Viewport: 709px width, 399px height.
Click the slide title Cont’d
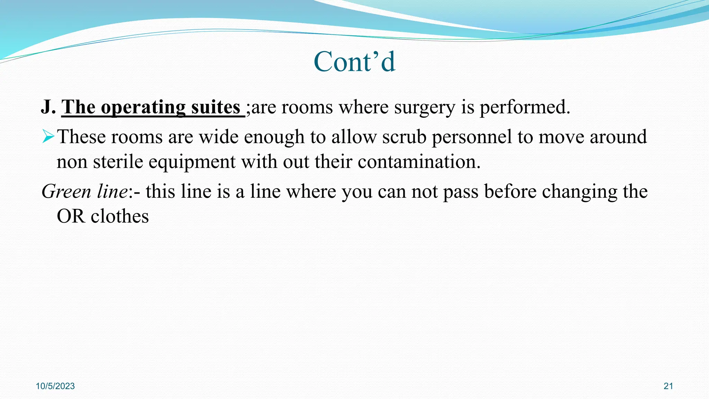point(354,62)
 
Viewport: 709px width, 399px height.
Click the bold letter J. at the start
point(48,107)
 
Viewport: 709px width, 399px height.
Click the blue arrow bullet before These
point(48,136)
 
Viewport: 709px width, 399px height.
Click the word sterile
point(118,162)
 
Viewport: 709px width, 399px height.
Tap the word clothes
point(120,216)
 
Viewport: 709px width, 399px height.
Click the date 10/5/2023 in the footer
point(55,386)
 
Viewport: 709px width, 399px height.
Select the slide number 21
point(668,386)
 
